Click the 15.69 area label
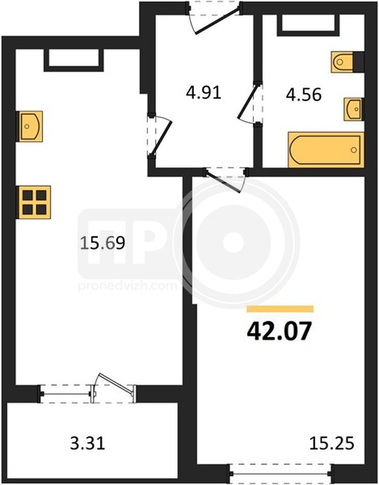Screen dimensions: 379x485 coord(102,243)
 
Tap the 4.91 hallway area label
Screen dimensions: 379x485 coord(204,93)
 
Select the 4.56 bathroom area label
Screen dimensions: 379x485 coord(304,95)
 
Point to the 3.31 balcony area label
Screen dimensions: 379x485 coord(87,443)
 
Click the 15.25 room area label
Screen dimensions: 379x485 coord(332,443)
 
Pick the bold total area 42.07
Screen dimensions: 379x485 coord(279,331)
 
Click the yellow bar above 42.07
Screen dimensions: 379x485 coord(280,309)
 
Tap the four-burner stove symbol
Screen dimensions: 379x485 coord(35,202)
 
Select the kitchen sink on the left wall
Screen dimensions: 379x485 coord(30,126)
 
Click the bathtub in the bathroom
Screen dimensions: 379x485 coord(326,150)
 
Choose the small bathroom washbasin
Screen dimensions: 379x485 coord(354,110)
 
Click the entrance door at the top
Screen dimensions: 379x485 coord(215,18)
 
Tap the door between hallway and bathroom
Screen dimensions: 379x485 coord(250,102)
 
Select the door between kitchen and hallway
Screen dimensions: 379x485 coord(159,135)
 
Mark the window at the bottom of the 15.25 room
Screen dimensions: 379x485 coord(281,473)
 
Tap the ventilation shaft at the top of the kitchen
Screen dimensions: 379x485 coord(73,60)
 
